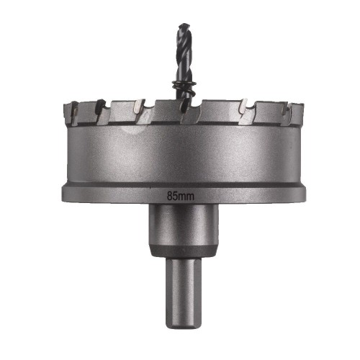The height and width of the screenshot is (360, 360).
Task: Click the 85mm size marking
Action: pyautogui.click(x=180, y=194)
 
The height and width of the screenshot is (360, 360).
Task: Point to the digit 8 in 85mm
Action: pyautogui.click(x=170, y=194)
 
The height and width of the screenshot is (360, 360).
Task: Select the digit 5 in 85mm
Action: pyautogui.click(x=176, y=194)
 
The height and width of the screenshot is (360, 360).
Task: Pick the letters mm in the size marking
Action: pyautogui.click(x=186, y=194)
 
